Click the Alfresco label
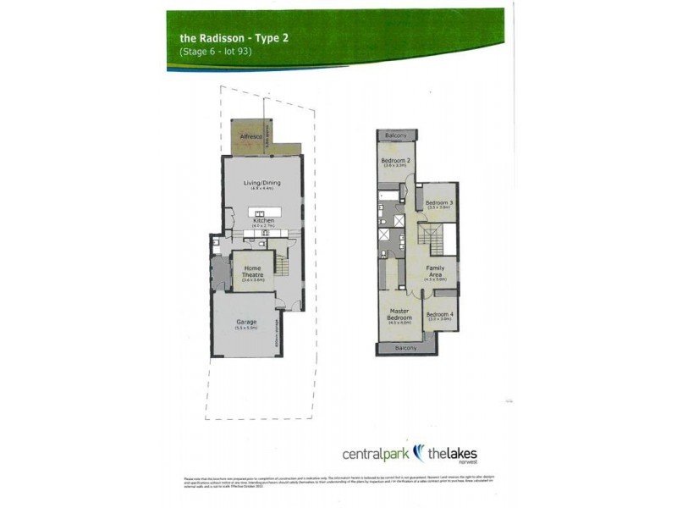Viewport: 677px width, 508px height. pyautogui.click(x=248, y=135)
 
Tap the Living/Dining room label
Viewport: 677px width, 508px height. pyautogui.click(x=262, y=183)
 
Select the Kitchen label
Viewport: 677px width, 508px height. pyautogui.click(x=264, y=220)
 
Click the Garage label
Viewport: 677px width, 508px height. pyautogui.click(x=247, y=323)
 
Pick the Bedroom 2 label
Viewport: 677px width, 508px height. pyautogui.click(x=395, y=161)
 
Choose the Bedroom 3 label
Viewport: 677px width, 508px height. pyautogui.click(x=439, y=203)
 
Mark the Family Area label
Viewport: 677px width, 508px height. pyautogui.click(x=435, y=271)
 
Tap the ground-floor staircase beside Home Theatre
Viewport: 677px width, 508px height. pyautogui.click(x=284, y=268)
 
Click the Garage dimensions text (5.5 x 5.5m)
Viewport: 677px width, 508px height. pyautogui.click(x=247, y=329)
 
